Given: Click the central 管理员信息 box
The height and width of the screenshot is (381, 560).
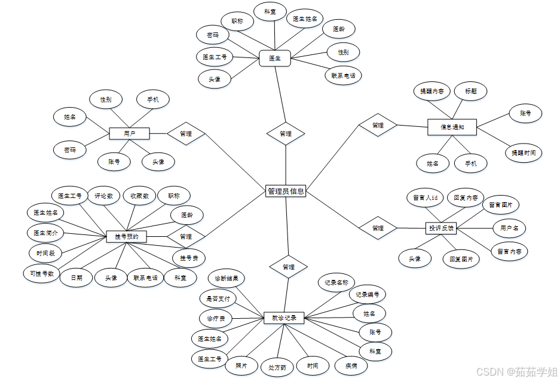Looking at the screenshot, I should pos(285,191).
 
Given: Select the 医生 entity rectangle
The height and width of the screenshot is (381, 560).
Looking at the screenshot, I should pos(274,58).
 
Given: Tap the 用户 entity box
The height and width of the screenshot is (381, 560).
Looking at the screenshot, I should pos(129,134).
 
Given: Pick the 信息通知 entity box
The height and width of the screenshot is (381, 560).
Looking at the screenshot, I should pos(452,127).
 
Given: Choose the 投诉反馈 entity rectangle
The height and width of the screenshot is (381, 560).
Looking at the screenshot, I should pos(441,228).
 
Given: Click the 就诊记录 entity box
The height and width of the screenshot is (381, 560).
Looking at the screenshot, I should pos(284,318).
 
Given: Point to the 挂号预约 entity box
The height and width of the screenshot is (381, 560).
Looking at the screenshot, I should pos(126,237).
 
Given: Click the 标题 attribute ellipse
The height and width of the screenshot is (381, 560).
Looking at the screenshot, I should pos(470,92).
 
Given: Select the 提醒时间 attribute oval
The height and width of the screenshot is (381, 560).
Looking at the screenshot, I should pos(524,153).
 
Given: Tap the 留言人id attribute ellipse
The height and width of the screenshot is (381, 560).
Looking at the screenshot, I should pos(425,197).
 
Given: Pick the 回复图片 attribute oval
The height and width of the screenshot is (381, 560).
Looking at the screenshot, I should pos(461,259).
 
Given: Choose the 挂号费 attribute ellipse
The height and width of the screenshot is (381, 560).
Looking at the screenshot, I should pos(189,258).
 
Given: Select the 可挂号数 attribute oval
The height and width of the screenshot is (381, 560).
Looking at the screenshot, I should pos(42,274).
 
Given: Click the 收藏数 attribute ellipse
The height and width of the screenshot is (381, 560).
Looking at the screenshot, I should pos(139,195).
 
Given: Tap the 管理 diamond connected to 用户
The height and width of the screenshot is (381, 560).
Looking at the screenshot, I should pos(185,134).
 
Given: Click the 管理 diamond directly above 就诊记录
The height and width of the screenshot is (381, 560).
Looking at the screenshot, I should pos(288,267).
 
